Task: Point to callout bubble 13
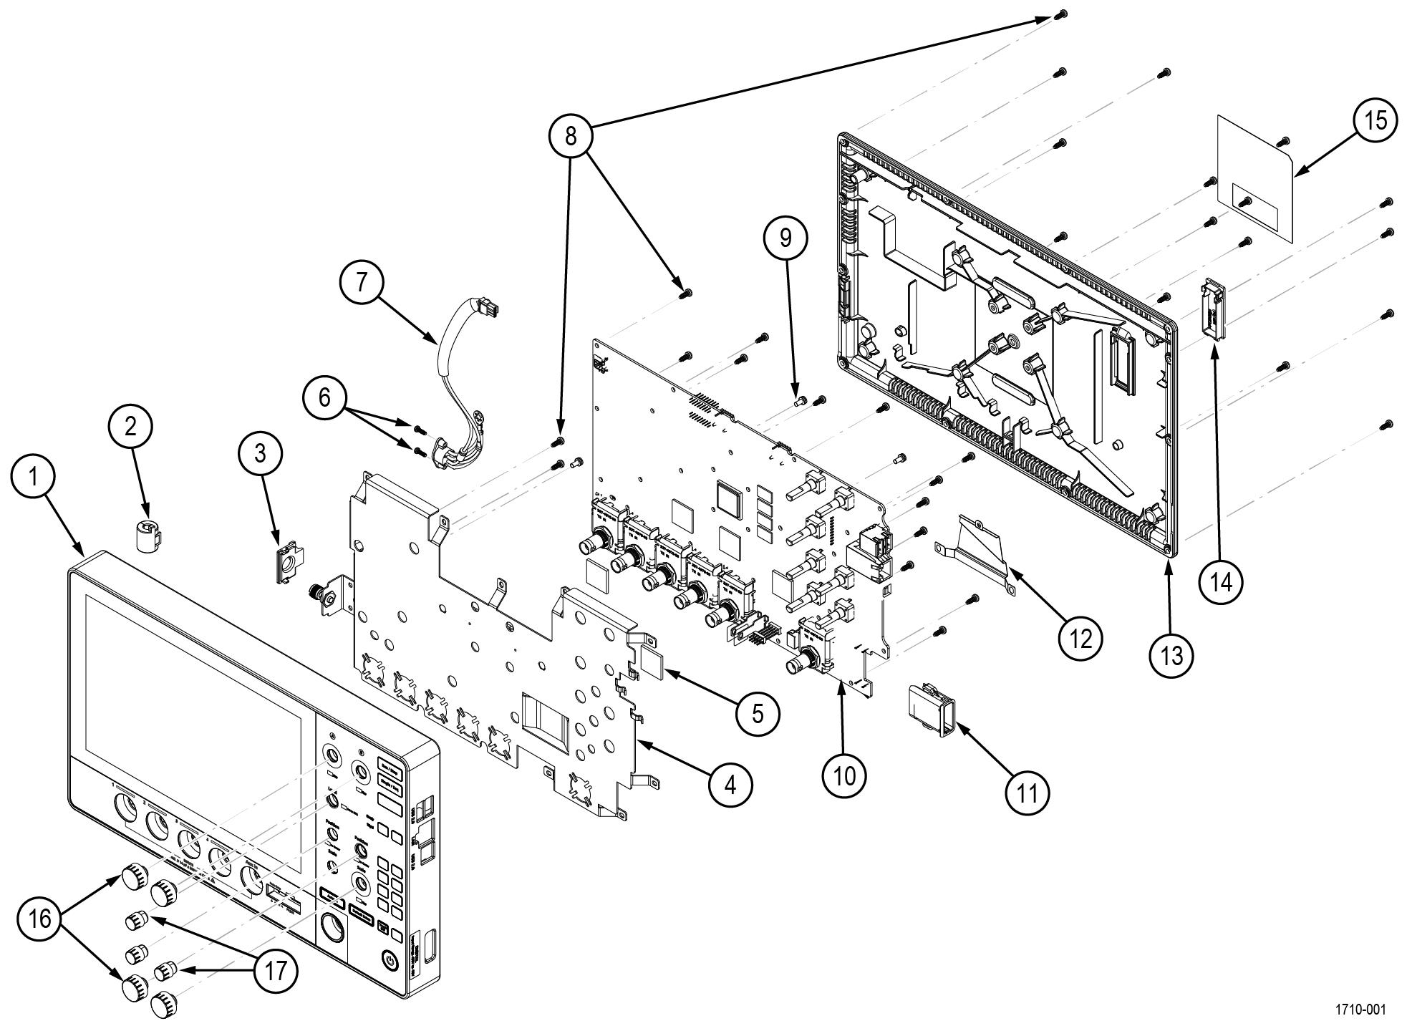[1171, 654]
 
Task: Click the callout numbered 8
[570, 135]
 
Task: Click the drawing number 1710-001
[1360, 1010]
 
